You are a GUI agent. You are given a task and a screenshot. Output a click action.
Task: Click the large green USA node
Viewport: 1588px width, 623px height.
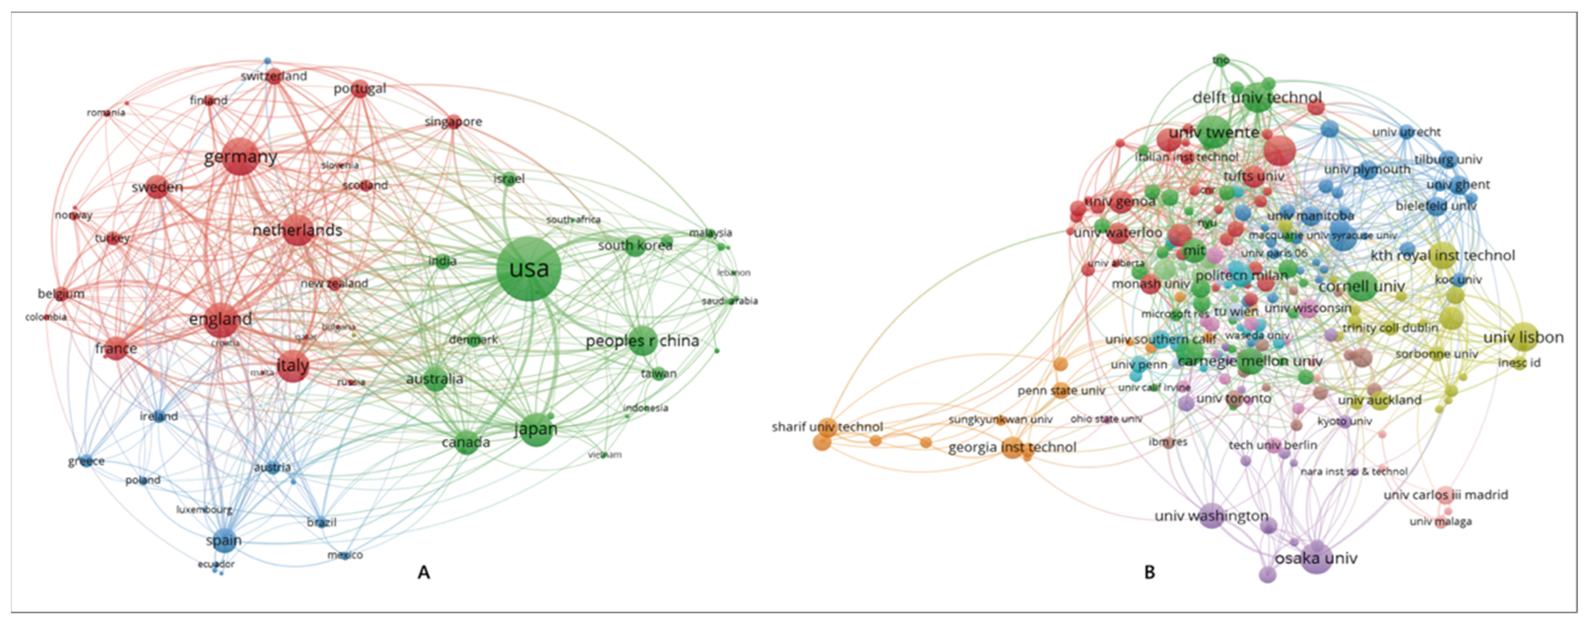[x=528, y=269]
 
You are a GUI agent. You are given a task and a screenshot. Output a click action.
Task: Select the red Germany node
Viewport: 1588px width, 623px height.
[x=240, y=157]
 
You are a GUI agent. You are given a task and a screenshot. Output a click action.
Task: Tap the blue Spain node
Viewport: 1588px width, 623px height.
[x=224, y=539]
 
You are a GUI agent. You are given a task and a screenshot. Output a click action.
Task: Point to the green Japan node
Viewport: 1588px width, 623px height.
[x=535, y=428]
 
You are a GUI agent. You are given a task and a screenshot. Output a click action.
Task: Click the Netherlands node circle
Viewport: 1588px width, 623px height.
[x=298, y=230]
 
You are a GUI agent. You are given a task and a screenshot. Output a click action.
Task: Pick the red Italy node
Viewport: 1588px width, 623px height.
[x=293, y=366]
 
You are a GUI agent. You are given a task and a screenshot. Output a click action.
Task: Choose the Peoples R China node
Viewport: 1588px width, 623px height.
[x=643, y=340]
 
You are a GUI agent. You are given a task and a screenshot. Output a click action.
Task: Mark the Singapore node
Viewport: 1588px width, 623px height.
[x=454, y=122]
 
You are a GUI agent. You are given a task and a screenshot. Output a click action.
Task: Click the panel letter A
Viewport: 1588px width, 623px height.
[x=423, y=572]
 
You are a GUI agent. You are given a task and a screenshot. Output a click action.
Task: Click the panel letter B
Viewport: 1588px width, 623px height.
[x=1149, y=572]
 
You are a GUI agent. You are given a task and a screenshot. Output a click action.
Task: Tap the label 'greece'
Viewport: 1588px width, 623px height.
[x=86, y=461]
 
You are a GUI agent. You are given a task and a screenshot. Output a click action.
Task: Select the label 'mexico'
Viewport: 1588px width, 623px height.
[x=345, y=555]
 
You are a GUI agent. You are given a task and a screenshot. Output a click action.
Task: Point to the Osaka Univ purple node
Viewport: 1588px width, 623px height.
[x=1317, y=557]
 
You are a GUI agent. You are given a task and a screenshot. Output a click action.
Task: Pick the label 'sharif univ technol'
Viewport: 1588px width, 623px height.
[x=827, y=427]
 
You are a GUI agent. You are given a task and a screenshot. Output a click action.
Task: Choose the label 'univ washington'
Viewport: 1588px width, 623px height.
[x=1211, y=515]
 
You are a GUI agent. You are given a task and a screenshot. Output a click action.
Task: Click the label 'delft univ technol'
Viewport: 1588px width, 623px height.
[x=1256, y=97]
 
